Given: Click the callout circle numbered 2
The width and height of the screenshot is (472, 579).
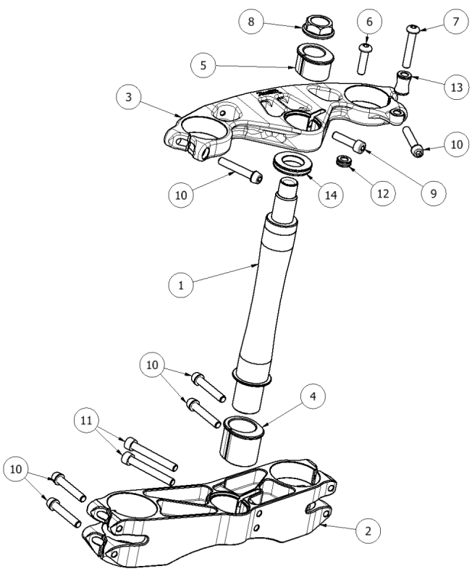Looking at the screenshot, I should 369,531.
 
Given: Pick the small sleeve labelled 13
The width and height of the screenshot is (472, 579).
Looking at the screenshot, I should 403,83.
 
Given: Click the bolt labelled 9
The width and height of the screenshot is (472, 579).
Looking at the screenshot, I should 350,145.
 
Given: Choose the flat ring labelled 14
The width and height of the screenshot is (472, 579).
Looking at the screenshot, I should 292,164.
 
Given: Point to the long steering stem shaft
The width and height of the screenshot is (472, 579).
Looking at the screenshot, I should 268,289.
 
